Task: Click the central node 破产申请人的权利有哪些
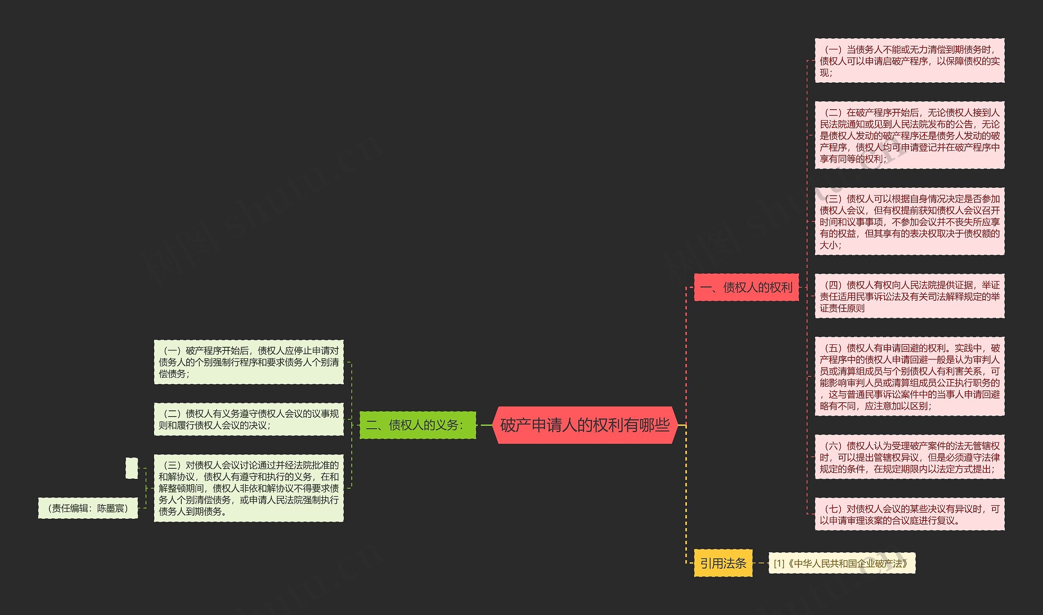point(585,425)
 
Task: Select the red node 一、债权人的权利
point(746,287)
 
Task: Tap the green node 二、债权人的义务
point(418,425)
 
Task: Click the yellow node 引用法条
point(723,563)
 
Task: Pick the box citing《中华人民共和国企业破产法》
point(842,563)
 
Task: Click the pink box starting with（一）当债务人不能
point(910,60)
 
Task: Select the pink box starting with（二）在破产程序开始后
point(910,135)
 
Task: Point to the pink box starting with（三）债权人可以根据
point(910,221)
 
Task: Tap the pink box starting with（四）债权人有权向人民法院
point(910,296)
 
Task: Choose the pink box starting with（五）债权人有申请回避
point(910,376)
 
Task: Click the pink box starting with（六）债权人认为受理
point(910,457)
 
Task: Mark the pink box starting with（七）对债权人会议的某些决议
point(910,514)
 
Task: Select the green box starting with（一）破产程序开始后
point(249,362)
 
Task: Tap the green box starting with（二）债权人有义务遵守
point(249,419)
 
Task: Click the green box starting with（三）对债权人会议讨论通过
point(249,488)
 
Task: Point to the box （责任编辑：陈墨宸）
point(88,508)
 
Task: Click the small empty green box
point(132,468)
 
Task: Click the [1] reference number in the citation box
point(779,563)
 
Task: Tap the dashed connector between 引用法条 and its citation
point(761,563)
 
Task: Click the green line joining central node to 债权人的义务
point(484,425)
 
